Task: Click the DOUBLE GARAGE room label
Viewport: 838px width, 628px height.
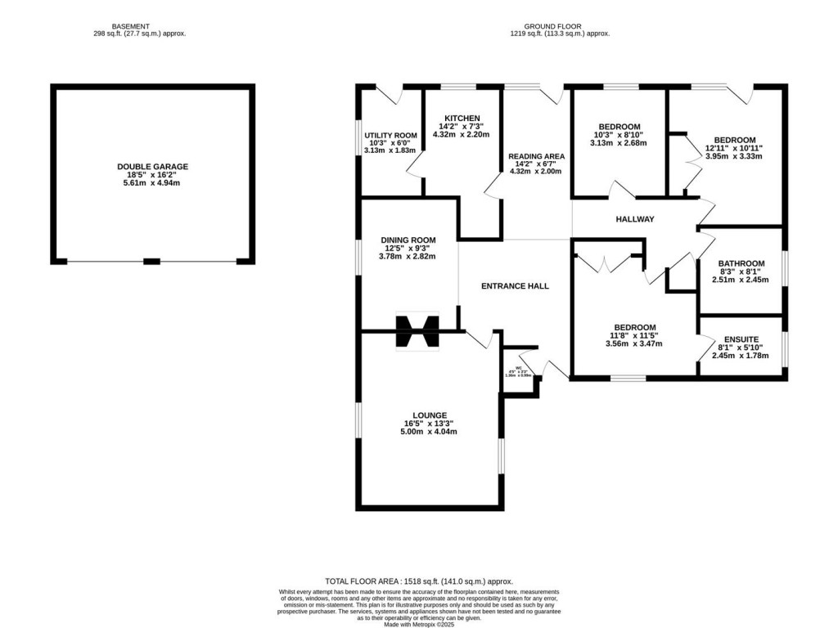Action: click(x=152, y=166)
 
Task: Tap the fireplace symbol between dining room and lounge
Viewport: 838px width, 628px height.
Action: click(x=417, y=332)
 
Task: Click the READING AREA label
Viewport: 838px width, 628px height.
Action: click(x=536, y=156)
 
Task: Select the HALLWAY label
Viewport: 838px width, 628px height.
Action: click(x=634, y=219)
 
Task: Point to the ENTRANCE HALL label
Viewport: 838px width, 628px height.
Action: click(x=514, y=286)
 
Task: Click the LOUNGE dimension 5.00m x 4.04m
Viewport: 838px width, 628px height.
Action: click(x=430, y=433)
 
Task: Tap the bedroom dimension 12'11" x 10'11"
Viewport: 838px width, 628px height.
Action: click(x=734, y=148)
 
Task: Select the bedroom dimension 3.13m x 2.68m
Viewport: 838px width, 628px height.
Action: click(x=618, y=143)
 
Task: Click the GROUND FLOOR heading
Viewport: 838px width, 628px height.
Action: click(x=560, y=25)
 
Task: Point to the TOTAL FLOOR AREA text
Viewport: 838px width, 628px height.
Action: click(x=419, y=581)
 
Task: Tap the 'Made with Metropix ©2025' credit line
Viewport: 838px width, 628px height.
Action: click(x=419, y=622)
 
